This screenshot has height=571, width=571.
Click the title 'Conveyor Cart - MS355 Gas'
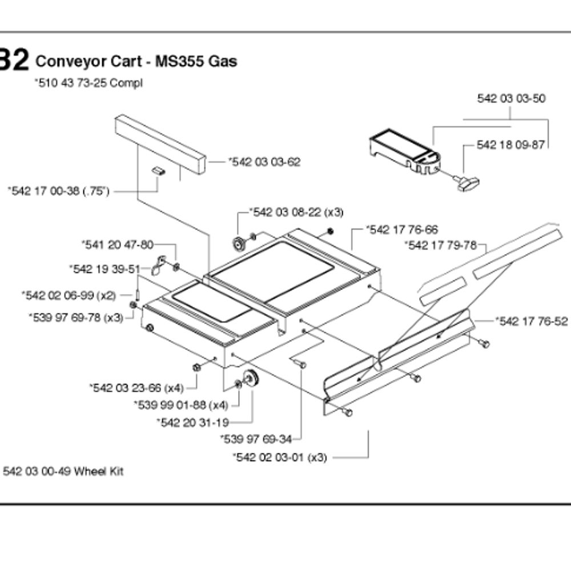point(136,61)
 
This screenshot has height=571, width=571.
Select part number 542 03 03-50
point(511,98)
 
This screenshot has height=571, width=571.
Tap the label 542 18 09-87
point(510,145)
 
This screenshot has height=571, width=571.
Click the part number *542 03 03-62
point(264,162)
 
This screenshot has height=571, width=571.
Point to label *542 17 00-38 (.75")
point(59,191)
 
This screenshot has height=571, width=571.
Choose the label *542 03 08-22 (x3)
point(296,212)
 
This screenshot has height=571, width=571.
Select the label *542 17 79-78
point(440,246)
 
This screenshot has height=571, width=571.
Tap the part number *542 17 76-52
point(532,321)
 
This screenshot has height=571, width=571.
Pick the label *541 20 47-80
point(117,245)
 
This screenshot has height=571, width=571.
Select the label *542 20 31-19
point(192,422)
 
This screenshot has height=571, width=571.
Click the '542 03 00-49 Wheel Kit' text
point(63,471)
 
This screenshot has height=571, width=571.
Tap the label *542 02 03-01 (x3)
point(280,457)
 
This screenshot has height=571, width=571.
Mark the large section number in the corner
point(14,60)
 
